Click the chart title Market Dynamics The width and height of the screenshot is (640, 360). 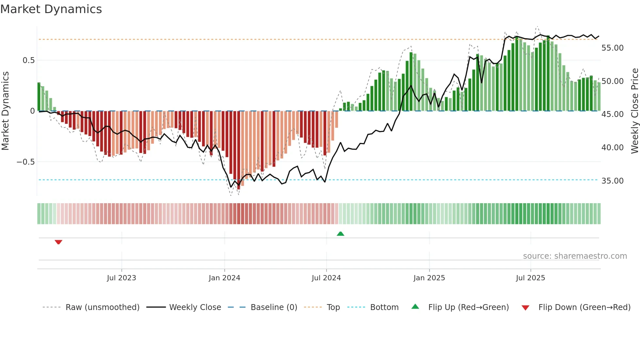[51, 9]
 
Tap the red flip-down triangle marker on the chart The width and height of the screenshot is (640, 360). [58, 242]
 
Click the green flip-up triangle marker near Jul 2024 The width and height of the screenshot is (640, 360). [340, 234]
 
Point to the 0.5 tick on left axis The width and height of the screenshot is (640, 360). [28, 60]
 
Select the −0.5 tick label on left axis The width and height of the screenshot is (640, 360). [25, 162]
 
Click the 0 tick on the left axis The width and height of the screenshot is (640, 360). [32, 111]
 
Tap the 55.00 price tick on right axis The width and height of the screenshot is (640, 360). [612, 48]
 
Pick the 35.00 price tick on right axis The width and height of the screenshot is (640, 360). [612, 181]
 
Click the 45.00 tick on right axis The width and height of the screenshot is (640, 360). [612, 114]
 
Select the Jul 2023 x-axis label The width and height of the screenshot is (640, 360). [121, 278]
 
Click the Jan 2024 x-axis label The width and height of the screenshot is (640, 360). [224, 278]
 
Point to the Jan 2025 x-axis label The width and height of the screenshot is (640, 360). [429, 278]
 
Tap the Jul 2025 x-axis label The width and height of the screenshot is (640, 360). [530, 278]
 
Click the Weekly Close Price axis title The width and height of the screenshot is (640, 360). [634, 111]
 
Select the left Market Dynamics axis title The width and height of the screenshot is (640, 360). [5, 111]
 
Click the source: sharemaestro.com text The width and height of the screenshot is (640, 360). [575, 256]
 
